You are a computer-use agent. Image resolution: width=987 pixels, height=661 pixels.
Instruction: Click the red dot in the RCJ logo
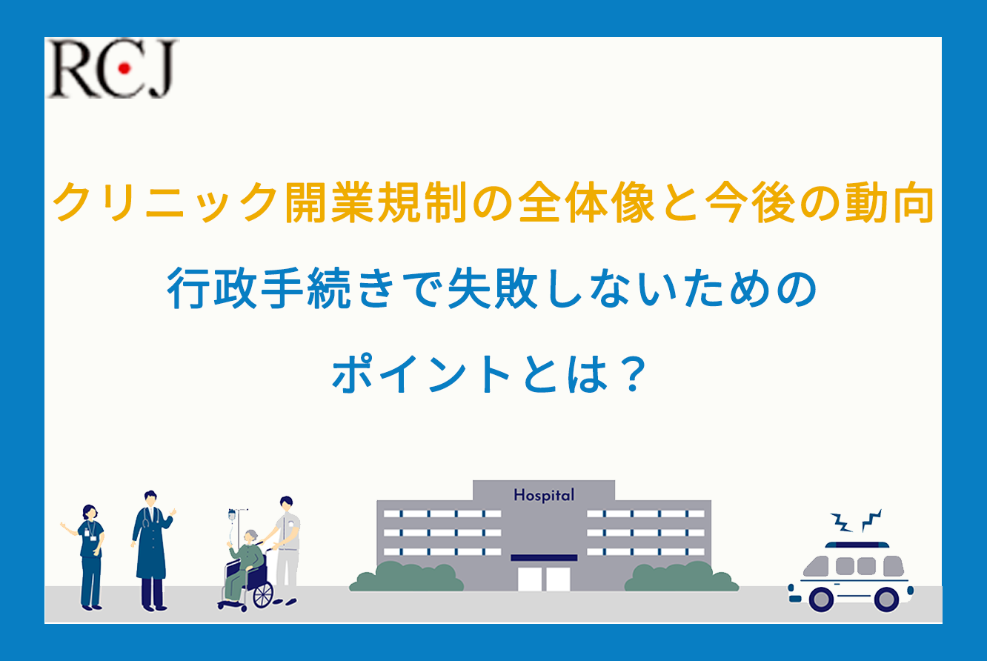(x=124, y=68)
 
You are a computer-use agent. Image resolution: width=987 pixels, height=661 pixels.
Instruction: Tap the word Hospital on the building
(x=544, y=495)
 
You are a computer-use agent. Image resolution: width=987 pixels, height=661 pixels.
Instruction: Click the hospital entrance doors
(x=544, y=579)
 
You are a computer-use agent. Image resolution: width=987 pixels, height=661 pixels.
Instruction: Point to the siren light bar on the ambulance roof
(x=857, y=545)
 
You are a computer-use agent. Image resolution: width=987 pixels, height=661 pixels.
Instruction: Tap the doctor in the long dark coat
(x=152, y=551)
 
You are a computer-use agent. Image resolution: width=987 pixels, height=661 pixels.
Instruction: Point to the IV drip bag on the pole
(x=232, y=515)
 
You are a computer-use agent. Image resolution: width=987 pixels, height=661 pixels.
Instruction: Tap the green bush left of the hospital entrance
(x=406, y=577)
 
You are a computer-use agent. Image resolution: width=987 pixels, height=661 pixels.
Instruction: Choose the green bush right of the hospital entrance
(x=682, y=577)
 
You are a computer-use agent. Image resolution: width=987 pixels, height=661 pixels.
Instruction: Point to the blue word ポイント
(x=421, y=374)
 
